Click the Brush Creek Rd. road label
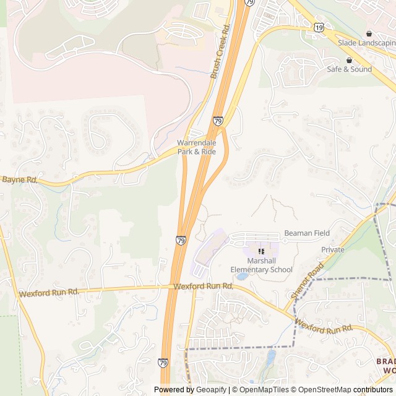[x=220, y=51]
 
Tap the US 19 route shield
[x=319, y=28]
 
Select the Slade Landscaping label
[x=366, y=43]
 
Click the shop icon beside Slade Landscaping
[x=369, y=33]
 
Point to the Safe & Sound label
[x=350, y=69]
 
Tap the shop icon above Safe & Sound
[x=349, y=60]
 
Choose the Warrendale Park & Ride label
[x=197, y=147]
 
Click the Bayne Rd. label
[x=20, y=180]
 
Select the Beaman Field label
[x=307, y=233]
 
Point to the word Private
[x=333, y=249]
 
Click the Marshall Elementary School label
[x=261, y=265]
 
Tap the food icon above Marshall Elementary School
[x=261, y=251]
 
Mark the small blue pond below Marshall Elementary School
[x=242, y=276]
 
